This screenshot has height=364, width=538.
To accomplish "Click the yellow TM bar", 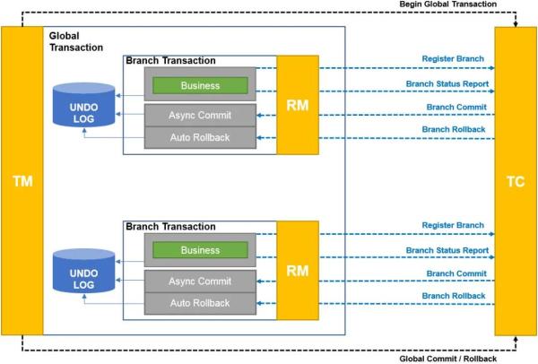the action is pyautogui.click(x=22, y=181).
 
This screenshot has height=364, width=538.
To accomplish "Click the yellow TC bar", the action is pyautogui.click(x=516, y=181).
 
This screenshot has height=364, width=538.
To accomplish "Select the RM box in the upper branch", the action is pyautogui.click(x=298, y=105).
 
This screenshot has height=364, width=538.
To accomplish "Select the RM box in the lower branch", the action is pyautogui.click(x=298, y=271).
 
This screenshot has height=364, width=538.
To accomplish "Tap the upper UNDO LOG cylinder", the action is pyautogui.click(x=83, y=105).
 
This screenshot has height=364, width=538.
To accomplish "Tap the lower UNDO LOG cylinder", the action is pyautogui.click(x=83, y=271).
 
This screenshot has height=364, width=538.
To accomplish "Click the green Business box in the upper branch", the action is pyautogui.click(x=200, y=85).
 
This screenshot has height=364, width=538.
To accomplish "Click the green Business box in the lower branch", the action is pyautogui.click(x=200, y=250).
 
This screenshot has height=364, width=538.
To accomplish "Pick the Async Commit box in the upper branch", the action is pyautogui.click(x=200, y=116).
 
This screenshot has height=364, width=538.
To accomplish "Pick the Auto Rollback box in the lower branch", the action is pyautogui.click(x=200, y=303).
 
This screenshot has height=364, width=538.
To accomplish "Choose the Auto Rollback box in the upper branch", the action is pyautogui.click(x=200, y=137).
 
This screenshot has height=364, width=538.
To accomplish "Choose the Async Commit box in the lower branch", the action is pyautogui.click(x=200, y=282).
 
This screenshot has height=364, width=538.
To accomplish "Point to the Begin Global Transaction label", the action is pyautogui.click(x=448, y=4).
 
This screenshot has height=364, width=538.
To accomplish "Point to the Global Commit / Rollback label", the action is pyautogui.click(x=448, y=359).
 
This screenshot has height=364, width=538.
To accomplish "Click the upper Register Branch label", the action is pyautogui.click(x=453, y=58).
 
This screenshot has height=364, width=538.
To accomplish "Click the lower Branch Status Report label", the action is pyautogui.click(x=447, y=250).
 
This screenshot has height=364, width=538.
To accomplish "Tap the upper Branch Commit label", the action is pyautogui.click(x=456, y=107).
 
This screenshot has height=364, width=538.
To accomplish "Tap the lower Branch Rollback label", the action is pyautogui.click(x=454, y=296).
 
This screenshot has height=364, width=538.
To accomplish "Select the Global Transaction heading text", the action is pyautogui.click(x=76, y=41).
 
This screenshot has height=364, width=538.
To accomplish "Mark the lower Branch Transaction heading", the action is pyautogui.click(x=170, y=227).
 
